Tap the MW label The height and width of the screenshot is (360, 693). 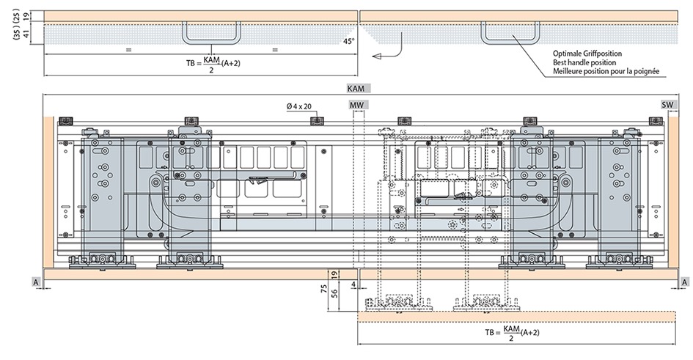point(357,105)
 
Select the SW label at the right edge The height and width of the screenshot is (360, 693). point(667,105)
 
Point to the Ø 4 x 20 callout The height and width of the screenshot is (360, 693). point(298,106)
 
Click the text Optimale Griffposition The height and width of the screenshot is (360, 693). point(587,54)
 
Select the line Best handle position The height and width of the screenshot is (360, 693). point(584,62)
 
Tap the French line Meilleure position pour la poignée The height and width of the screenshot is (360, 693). point(606,71)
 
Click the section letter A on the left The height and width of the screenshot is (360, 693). point(35,282)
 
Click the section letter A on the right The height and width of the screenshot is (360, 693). point(684,282)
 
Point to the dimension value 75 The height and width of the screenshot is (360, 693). point(322,289)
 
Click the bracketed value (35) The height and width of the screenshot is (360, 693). point(17,32)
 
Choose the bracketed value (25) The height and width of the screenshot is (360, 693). point(17,14)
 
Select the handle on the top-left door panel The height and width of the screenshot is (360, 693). point(212,32)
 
